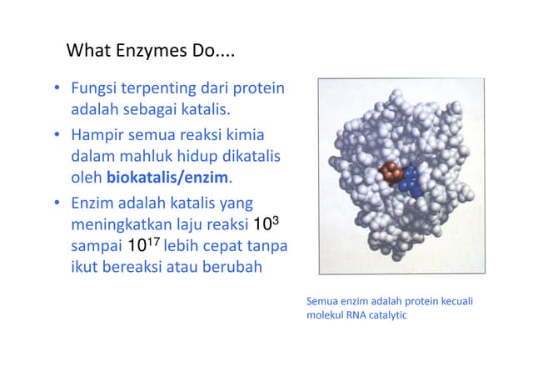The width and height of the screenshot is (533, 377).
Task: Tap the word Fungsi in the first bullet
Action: tap(94, 88)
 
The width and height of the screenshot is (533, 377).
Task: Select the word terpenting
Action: tap(158, 88)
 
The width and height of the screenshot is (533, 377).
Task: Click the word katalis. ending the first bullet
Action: tap(203, 110)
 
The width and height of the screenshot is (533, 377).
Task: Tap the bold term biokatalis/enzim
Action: tap(167, 178)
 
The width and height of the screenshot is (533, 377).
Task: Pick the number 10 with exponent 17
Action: tap(140, 246)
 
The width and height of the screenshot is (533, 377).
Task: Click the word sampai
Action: tap(95, 247)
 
